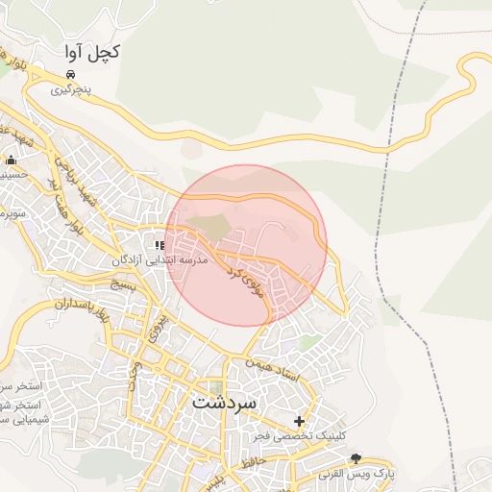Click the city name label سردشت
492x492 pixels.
(225, 402)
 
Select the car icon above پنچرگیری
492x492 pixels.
(71, 74)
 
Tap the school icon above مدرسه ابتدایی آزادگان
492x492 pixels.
(160, 246)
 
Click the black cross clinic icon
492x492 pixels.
(300, 421)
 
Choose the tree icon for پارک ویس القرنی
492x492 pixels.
(357, 458)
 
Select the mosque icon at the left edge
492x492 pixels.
(11, 160)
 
